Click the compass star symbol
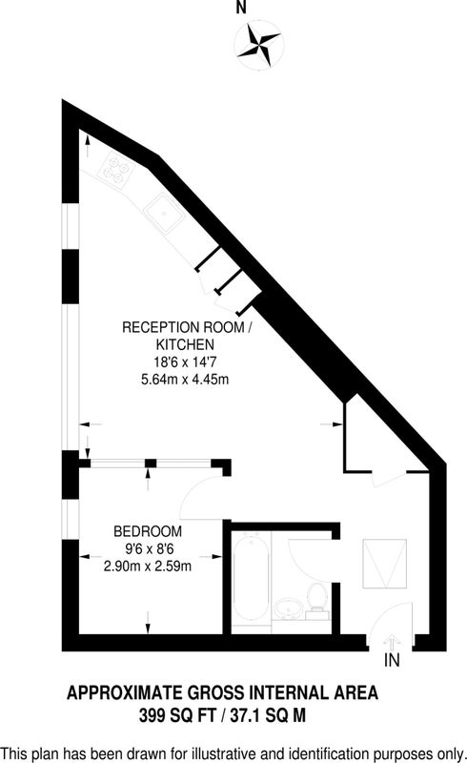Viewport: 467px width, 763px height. (x=259, y=46)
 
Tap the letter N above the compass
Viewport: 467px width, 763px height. (x=241, y=9)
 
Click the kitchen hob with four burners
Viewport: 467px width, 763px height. (x=116, y=169)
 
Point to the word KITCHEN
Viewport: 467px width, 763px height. (x=185, y=344)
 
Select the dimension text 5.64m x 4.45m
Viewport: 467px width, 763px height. (x=185, y=379)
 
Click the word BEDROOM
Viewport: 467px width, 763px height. (x=148, y=531)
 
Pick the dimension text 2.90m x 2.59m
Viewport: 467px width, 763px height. (x=148, y=566)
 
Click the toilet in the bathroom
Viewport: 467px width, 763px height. (x=316, y=598)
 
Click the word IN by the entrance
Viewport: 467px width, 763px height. (x=392, y=660)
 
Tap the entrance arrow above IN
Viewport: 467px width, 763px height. (x=392, y=640)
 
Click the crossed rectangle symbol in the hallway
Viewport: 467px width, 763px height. (x=384, y=564)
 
